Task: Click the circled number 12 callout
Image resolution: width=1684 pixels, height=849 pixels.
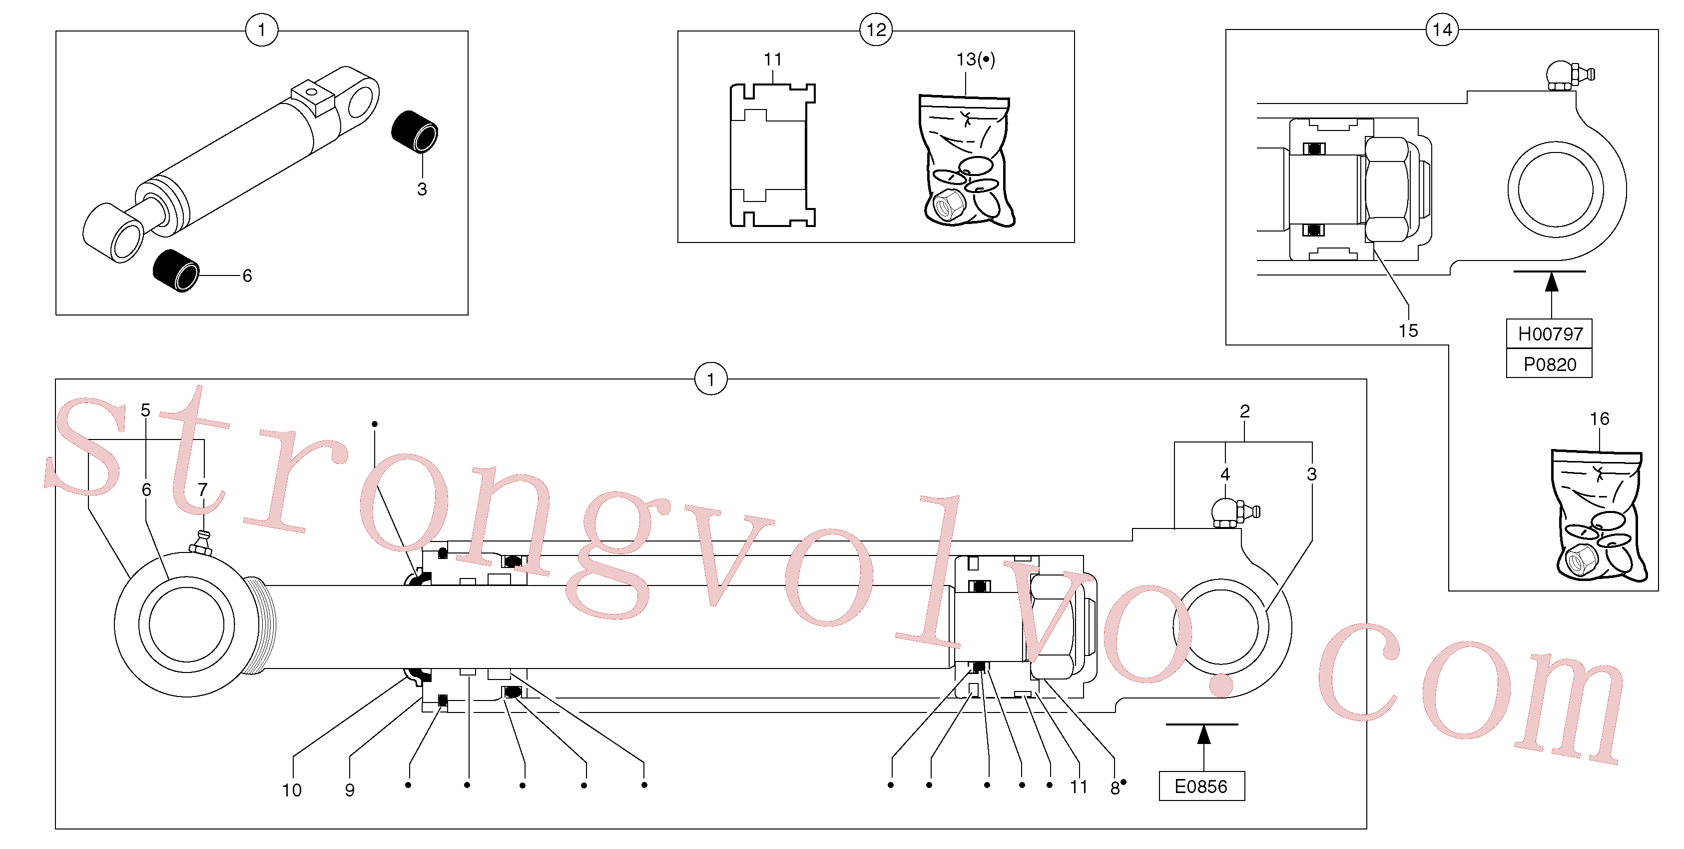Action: (876, 29)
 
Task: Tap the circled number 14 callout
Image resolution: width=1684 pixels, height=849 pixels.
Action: (1442, 29)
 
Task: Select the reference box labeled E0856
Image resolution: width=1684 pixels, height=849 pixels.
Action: (1201, 786)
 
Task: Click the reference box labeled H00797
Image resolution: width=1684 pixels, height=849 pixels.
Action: (1549, 333)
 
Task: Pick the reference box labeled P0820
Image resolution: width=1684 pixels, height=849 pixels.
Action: (1549, 363)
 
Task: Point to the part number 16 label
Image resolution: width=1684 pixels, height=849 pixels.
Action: (1599, 418)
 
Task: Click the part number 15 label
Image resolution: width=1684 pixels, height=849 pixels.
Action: (1408, 330)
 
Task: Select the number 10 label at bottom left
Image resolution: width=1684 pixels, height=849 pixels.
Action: (292, 790)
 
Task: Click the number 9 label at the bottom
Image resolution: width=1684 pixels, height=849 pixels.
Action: (350, 790)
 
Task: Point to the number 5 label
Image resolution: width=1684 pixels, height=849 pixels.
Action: (145, 410)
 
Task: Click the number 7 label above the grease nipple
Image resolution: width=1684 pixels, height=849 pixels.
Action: (203, 489)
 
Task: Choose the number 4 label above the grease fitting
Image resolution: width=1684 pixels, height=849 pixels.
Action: (1225, 473)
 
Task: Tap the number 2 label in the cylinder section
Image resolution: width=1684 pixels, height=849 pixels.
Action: (1245, 411)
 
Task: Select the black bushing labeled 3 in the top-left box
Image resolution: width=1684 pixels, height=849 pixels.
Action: (415, 131)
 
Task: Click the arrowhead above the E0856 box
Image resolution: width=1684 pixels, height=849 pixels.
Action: (1203, 734)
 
